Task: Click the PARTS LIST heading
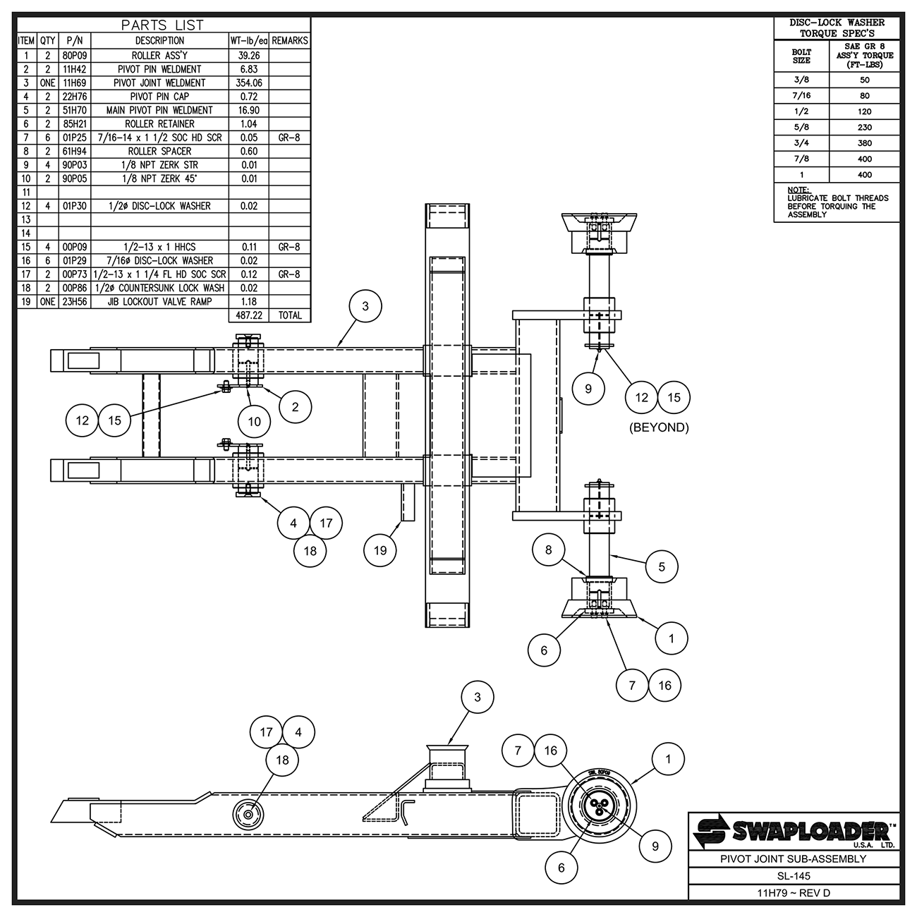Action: click(162, 25)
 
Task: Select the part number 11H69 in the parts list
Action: click(74, 83)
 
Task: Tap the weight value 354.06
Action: click(248, 83)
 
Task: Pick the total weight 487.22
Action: click(248, 315)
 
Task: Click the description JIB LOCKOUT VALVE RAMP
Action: click(159, 301)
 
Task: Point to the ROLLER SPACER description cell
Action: click(159, 151)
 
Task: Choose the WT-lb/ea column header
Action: click(248, 41)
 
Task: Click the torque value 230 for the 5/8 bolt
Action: click(864, 127)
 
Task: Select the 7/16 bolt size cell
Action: click(801, 95)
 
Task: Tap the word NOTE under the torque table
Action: click(798, 190)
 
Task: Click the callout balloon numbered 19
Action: click(380, 550)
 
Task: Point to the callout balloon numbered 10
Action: click(254, 422)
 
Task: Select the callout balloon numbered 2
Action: click(295, 406)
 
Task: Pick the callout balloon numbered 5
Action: click(662, 566)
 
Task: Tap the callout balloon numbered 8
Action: click(548, 549)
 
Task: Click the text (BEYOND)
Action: click(658, 427)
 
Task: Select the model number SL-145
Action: click(794, 876)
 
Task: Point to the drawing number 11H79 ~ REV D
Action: click(794, 893)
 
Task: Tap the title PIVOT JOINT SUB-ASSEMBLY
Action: click(794, 859)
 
